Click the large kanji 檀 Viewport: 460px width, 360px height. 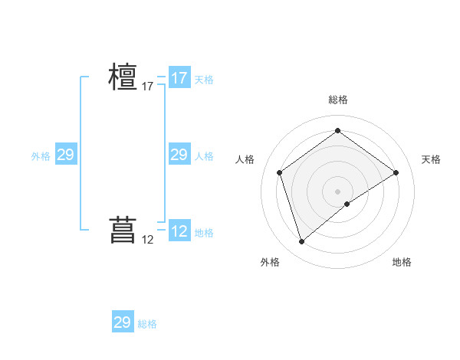coord(123,77)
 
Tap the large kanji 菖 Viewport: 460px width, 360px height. coord(123,230)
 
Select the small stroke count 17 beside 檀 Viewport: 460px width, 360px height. coord(148,87)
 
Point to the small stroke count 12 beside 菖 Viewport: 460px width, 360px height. coord(148,240)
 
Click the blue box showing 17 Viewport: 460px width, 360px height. coord(179,78)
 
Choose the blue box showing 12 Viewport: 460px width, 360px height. coord(179,231)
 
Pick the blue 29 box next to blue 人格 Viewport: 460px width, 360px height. coord(179,155)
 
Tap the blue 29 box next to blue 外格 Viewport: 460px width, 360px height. coord(65,155)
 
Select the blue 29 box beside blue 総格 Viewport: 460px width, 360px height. coord(123,322)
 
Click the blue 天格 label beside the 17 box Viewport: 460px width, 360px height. coord(204,80)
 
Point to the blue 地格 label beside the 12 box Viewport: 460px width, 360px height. coord(204,233)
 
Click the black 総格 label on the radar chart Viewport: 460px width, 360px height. coord(337,100)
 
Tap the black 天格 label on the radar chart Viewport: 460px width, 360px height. coord(431,159)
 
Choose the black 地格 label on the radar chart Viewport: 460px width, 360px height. coord(402,262)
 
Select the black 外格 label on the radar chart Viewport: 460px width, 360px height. coord(270,262)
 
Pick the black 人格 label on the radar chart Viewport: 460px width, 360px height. coord(245,159)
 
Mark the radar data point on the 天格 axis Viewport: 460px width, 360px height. coord(396,172)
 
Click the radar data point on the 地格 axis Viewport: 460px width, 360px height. coord(347,204)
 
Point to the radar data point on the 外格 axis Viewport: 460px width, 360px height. coord(301,242)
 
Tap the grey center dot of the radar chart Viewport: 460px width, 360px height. coord(337,191)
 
